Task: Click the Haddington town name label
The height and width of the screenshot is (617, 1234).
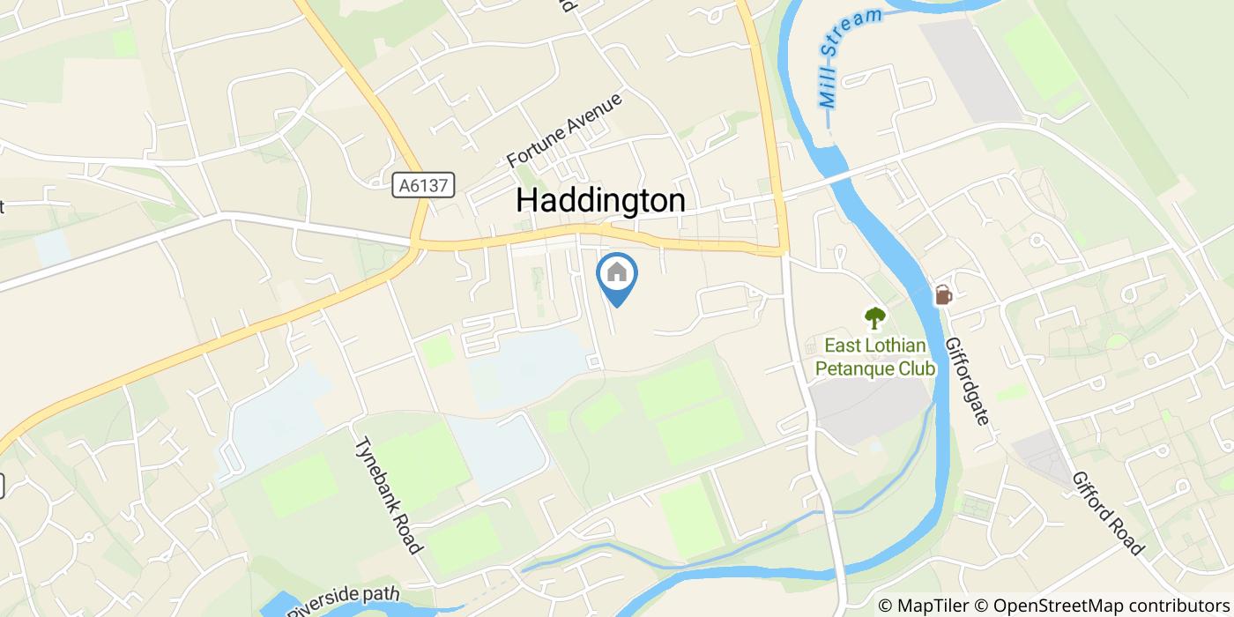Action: click(x=600, y=201)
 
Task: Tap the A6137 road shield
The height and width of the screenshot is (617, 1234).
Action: click(x=424, y=185)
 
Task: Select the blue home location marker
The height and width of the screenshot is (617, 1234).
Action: click(x=617, y=278)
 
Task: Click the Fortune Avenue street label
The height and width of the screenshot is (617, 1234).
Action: click(x=565, y=130)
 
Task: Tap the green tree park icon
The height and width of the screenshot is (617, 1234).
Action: click(x=874, y=317)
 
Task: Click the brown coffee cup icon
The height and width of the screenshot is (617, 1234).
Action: click(x=942, y=295)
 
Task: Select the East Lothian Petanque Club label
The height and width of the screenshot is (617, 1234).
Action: click(x=874, y=357)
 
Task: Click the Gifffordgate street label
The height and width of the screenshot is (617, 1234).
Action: click(x=968, y=381)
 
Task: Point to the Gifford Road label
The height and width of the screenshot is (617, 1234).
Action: click(x=1107, y=513)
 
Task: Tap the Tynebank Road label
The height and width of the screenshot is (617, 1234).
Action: click(x=388, y=495)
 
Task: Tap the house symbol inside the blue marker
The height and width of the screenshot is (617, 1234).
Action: click(x=617, y=271)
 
